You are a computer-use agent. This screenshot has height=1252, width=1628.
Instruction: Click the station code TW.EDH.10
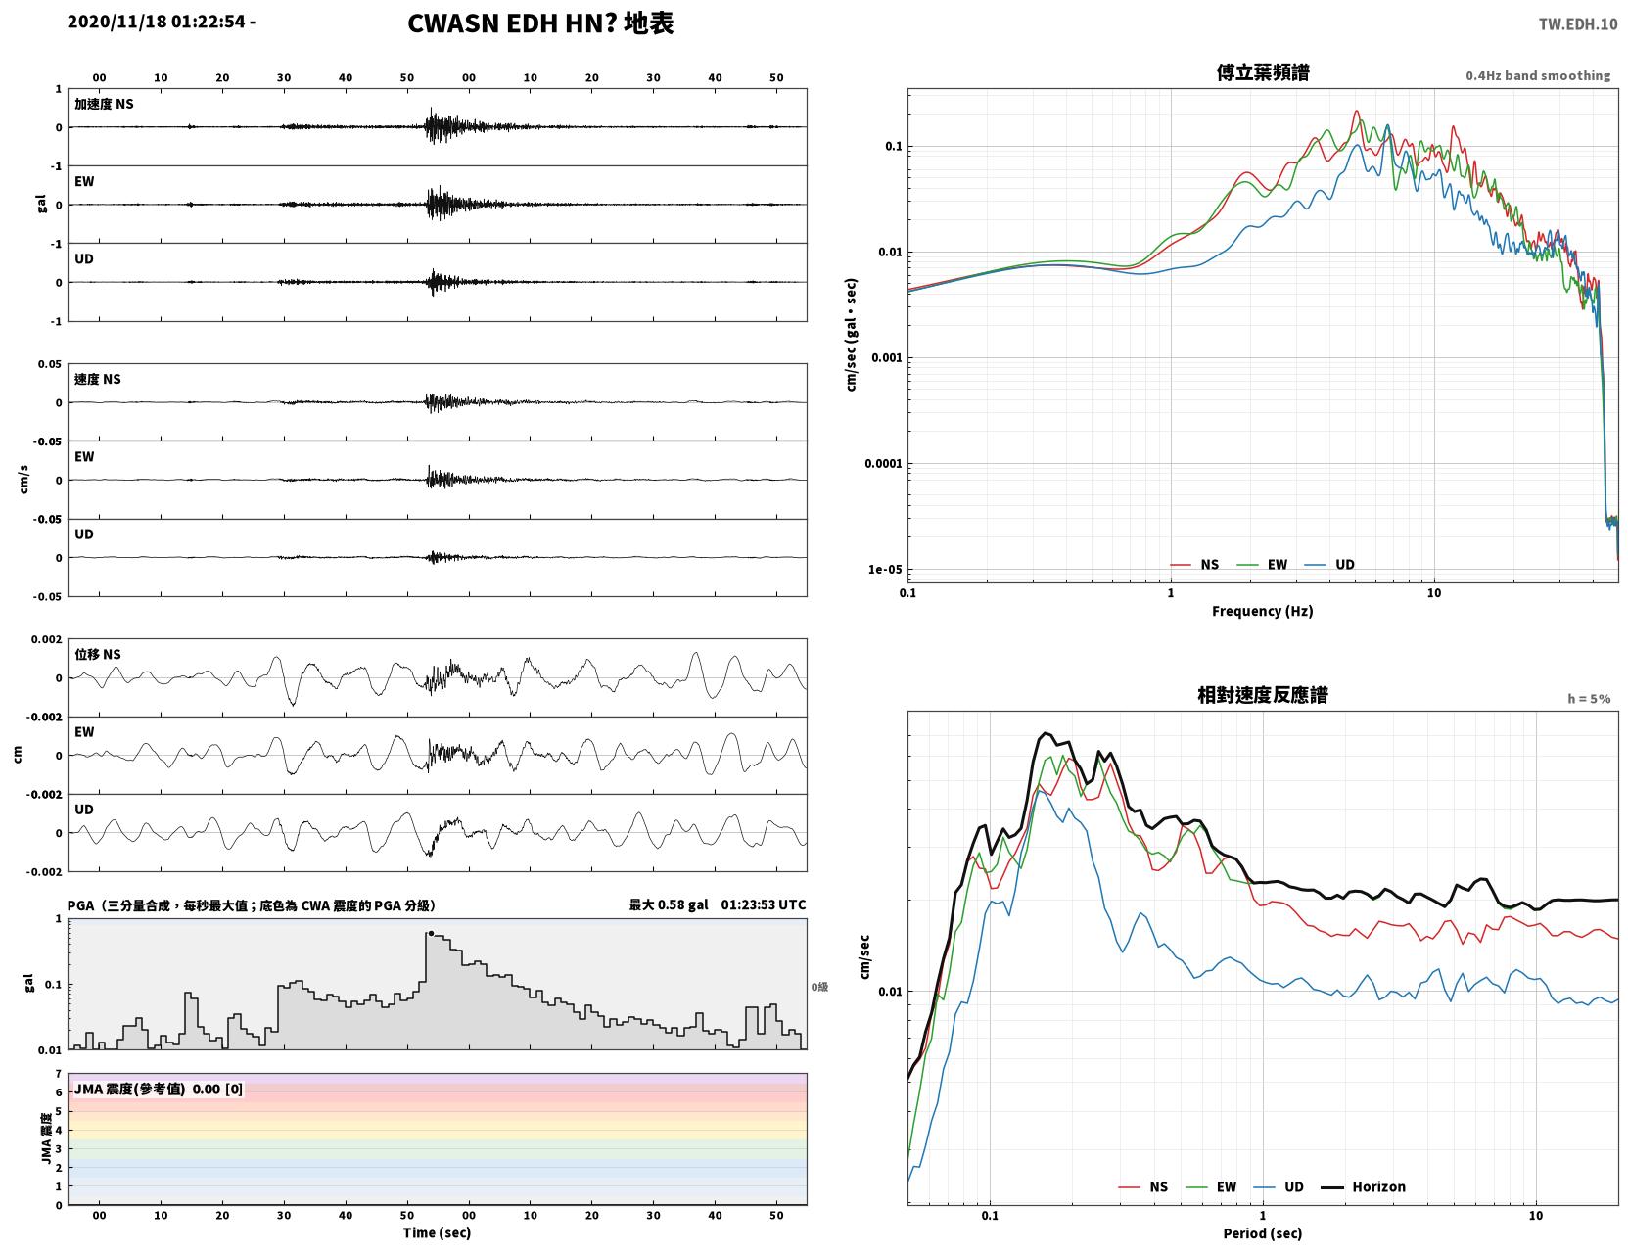tap(1578, 24)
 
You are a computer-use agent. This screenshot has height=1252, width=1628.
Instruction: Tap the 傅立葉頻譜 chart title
tap(1263, 72)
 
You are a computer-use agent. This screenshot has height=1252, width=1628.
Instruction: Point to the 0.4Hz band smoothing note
tap(1537, 75)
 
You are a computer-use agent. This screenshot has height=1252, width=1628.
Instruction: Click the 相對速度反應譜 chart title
tap(1263, 695)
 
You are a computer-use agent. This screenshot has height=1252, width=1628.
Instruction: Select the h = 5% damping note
tap(1588, 699)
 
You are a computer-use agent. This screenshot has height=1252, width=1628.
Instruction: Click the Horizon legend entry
tap(1364, 1186)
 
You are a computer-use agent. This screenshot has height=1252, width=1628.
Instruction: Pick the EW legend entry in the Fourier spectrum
tap(1263, 565)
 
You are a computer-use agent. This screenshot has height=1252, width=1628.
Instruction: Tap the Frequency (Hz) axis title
tap(1263, 611)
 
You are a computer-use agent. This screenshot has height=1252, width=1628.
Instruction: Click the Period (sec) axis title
tap(1263, 1233)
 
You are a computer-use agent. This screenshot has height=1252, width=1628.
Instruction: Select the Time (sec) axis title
tap(437, 1232)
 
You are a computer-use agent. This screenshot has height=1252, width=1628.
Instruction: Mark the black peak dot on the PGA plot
tap(431, 933)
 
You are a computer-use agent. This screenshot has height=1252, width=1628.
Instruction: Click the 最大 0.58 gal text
tap(669, 904)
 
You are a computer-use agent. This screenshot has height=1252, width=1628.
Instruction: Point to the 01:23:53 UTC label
tap(764, 904)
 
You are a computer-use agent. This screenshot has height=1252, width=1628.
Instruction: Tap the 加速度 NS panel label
tap(104, 104)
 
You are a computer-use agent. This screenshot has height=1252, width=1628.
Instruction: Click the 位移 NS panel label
tap(97, 655)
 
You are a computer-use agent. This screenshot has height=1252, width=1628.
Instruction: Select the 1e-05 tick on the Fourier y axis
tap(885, 569)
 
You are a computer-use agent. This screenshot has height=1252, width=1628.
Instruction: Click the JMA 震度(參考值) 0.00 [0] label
tap(158, 1089)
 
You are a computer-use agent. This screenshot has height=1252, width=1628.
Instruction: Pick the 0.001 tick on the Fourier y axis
tap(886, 358)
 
